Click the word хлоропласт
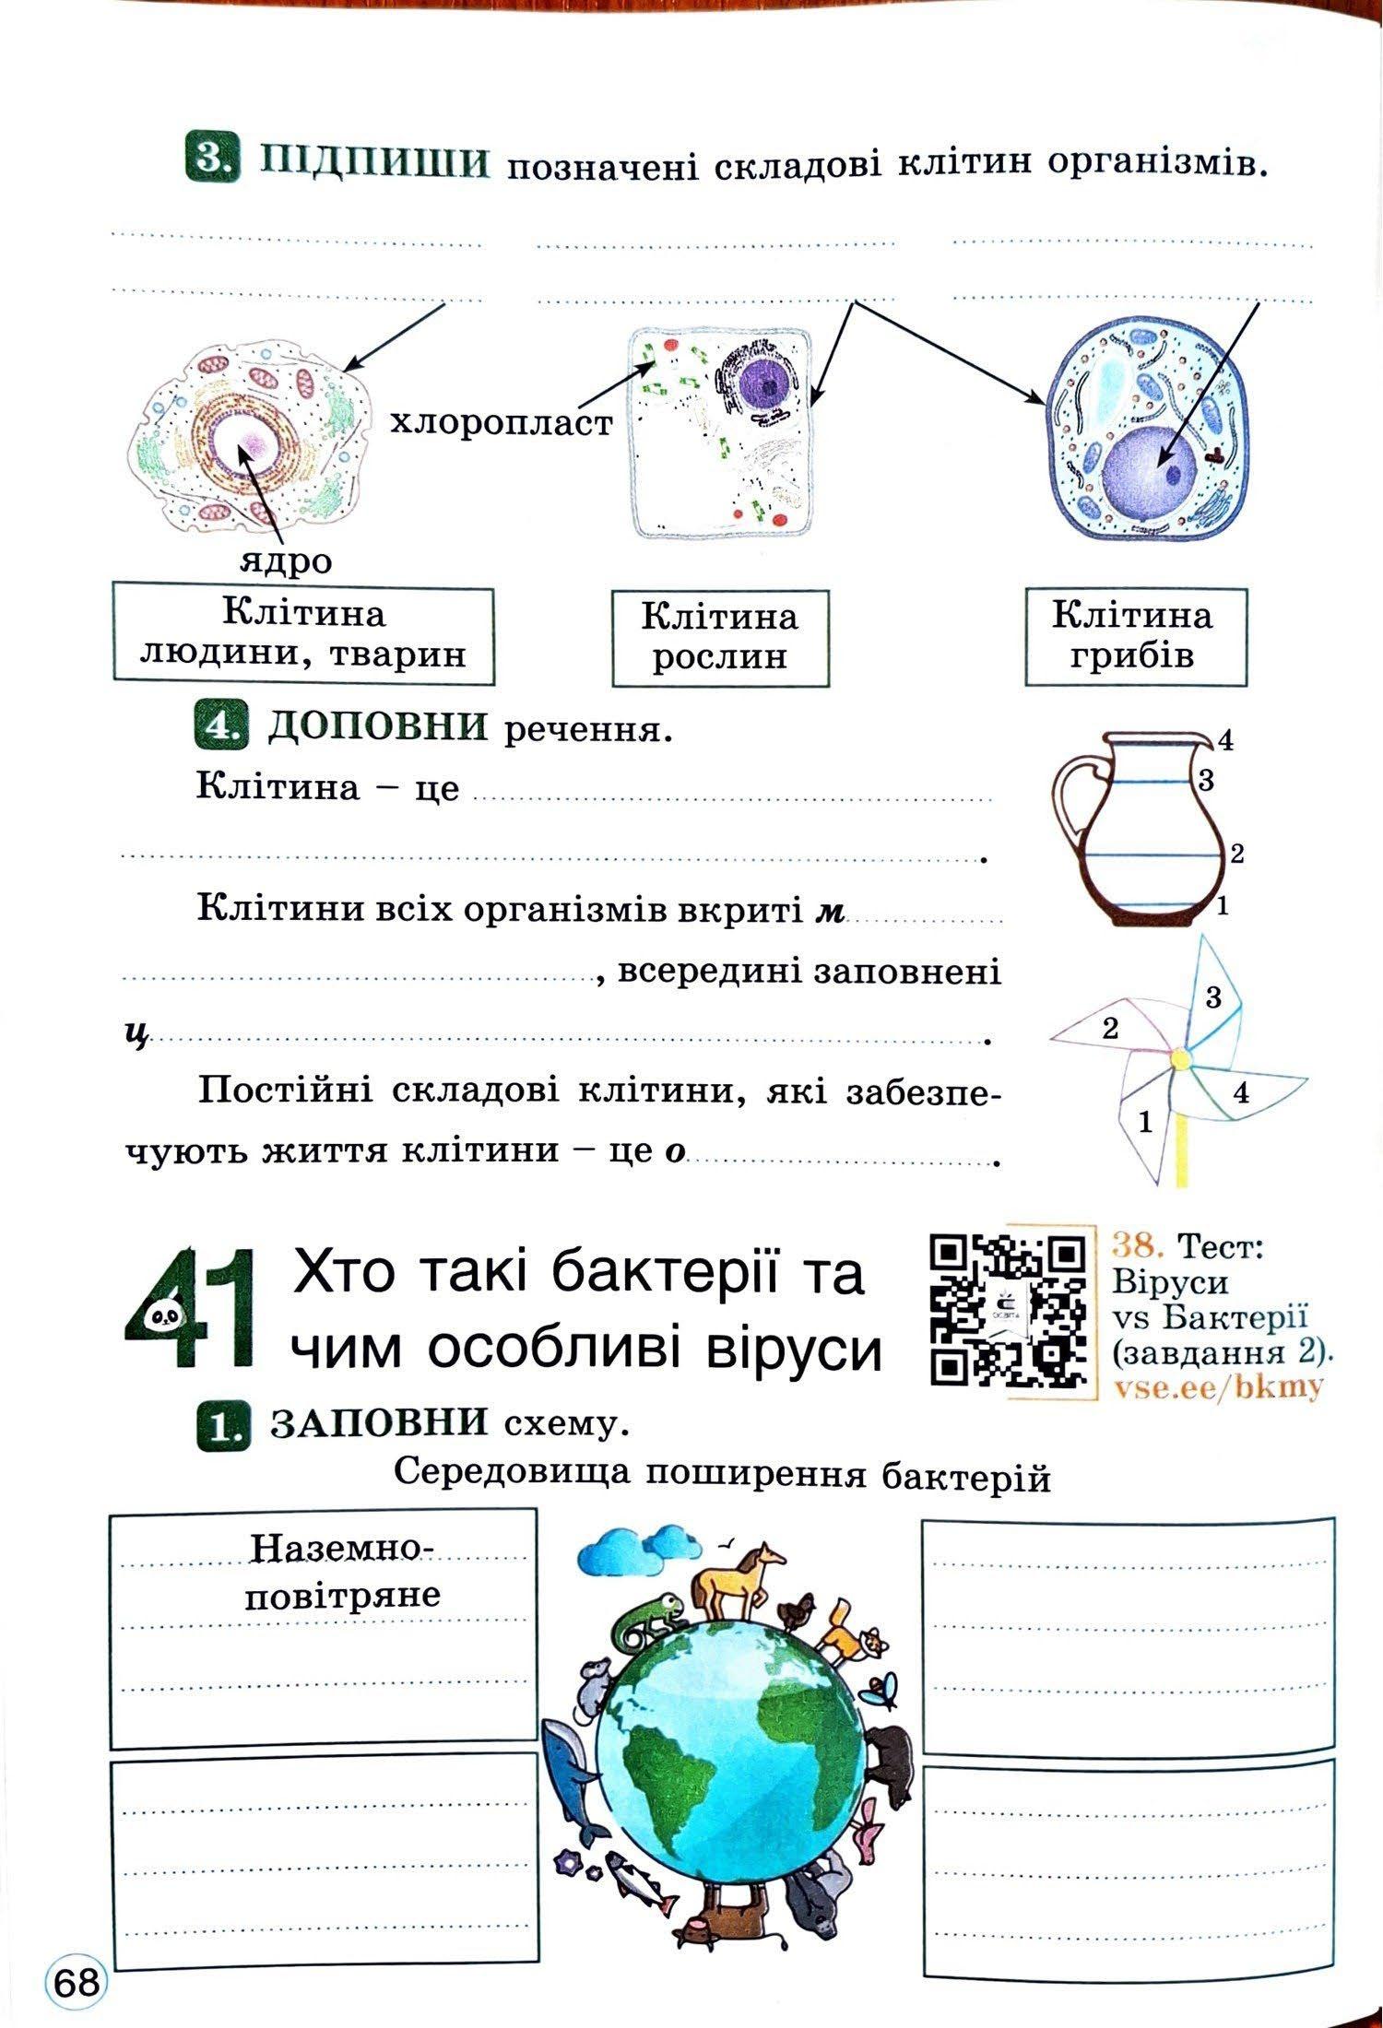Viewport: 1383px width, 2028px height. click(501, 423)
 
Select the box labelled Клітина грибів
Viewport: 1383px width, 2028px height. click(1133, 635)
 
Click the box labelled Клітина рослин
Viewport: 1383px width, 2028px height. click(719, 637)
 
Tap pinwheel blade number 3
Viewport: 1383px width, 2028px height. click(1211, 998)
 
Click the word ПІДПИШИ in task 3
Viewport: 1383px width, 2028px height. click(373, 164)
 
